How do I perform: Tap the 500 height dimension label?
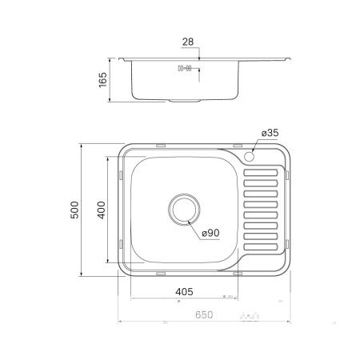click(75, 210)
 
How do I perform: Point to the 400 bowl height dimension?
click(101, 210)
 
